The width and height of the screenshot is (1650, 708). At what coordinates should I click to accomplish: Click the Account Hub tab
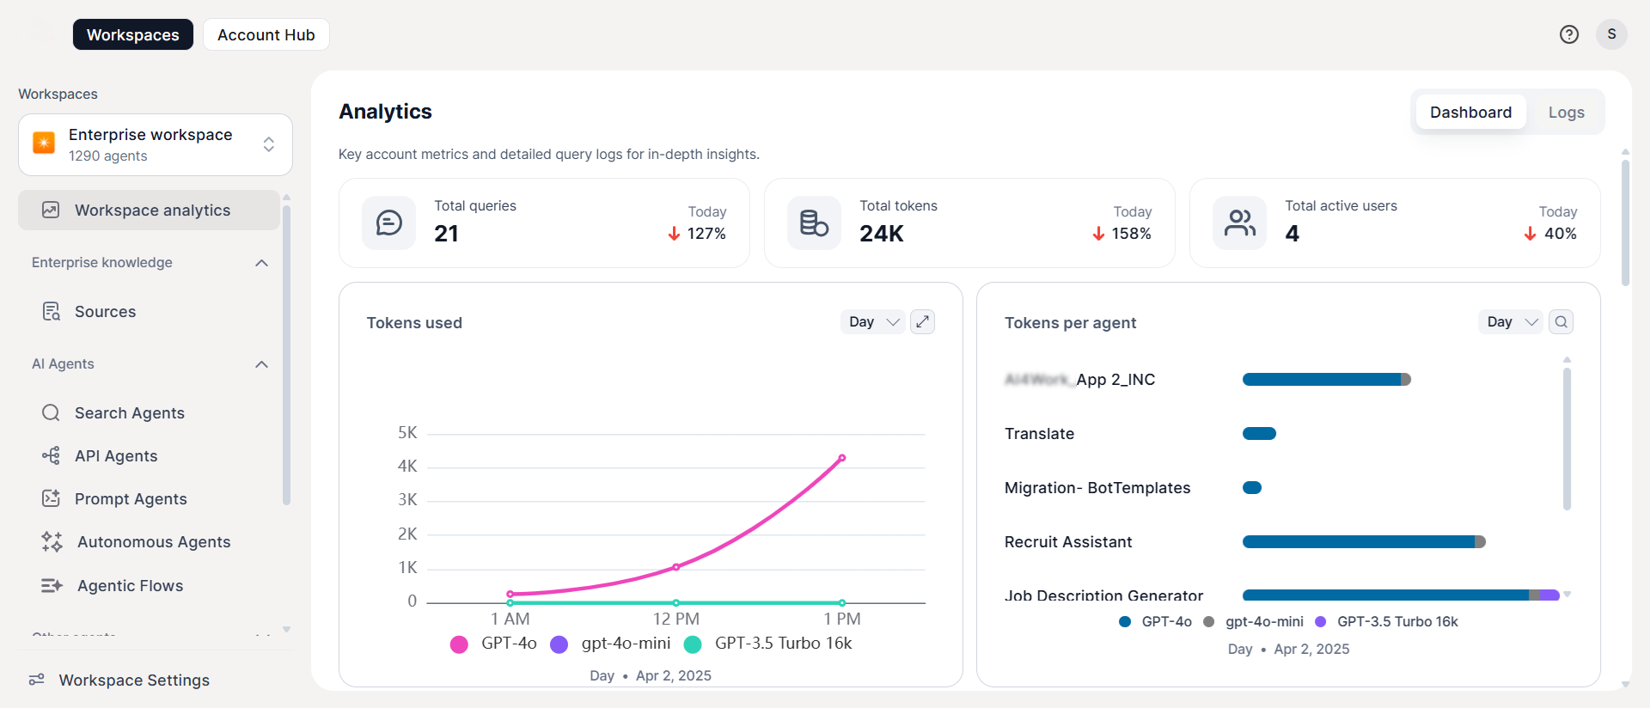(266, 35)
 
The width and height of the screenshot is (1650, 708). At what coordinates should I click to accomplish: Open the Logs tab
(1566, 113)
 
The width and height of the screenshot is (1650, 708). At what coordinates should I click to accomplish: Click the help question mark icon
(1568, 34)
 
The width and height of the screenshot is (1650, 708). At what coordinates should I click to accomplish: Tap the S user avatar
(1611, 34)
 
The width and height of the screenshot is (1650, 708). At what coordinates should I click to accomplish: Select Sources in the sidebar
(105, 312)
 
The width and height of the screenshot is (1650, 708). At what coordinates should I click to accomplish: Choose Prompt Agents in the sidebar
(131, 499)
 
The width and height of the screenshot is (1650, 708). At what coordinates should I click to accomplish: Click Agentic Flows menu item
(130, 586)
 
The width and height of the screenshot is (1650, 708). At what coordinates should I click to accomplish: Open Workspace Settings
(134, 681)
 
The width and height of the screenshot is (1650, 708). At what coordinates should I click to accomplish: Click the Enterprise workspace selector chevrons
(269, 144)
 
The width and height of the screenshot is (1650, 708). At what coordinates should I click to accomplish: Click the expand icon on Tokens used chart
(922, 322)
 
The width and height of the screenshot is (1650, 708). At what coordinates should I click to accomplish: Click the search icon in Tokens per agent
(1561, 322)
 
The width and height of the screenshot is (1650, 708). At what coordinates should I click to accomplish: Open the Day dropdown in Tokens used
(872, 322)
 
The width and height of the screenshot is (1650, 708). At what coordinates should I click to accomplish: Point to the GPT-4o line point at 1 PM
(842, 458)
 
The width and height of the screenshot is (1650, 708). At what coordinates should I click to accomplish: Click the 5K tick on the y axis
(407, 433)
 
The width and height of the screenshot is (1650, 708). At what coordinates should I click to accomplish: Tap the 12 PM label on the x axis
(675, 619)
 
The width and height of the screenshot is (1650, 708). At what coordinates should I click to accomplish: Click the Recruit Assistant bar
(1363, 542)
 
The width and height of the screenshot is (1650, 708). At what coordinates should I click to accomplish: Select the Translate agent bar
(1259, 434)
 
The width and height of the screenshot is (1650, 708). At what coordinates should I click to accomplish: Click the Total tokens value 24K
(881, 234)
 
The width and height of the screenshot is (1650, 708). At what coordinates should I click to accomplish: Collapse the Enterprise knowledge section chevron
(262, 263)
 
